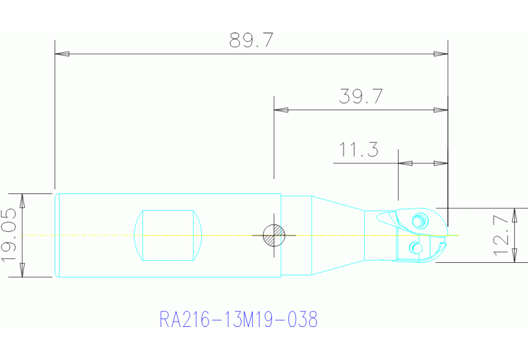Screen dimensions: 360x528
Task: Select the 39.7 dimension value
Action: pos(360,96)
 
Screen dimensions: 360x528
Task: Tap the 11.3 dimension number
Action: pos(359,150)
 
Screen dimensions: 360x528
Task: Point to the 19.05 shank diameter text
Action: pos(10,235)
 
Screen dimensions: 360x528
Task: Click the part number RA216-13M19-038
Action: pos(238,320)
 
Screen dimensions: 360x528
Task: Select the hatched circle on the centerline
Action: pos(275,235)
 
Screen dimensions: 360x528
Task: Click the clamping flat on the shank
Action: pos(169,235)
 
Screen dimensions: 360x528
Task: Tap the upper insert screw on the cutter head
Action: pos(417,221)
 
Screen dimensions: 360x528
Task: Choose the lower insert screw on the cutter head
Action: pos(414,248)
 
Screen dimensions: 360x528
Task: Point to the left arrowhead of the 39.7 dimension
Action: pos(281,109)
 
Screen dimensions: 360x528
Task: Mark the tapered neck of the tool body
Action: pos(337,235)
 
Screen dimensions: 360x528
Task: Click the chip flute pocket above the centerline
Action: pos(386,219)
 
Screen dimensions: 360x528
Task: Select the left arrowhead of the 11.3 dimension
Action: pos(405,163)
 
